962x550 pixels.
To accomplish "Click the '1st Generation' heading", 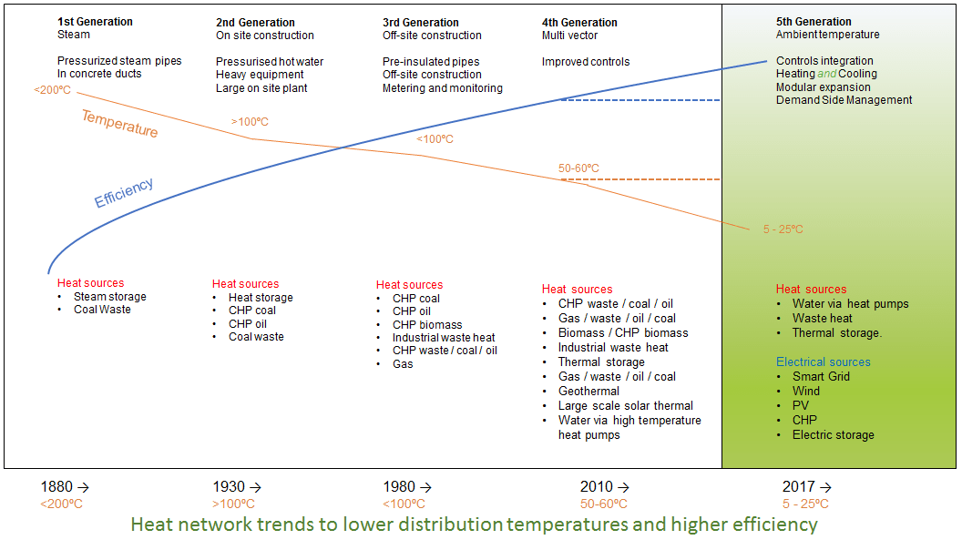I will tap(95, 22).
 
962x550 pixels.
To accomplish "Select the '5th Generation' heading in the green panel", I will tap(814, 22).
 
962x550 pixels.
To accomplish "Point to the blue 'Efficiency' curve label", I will tap(124, 192).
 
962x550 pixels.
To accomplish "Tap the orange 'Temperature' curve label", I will tap(119, 123).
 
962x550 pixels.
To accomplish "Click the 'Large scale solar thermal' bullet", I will tap(626, 405).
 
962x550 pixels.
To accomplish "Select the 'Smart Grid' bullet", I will tap(821, 376).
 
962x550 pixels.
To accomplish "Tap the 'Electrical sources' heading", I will tap(823, 362).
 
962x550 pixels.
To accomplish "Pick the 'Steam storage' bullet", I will tap(109, 296).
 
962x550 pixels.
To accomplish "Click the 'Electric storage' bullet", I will tap(833, 434).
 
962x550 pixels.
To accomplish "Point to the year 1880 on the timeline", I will tap(57, 487).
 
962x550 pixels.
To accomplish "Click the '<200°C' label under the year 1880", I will tap(61, 504).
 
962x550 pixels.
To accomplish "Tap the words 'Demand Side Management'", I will tap(844, 100).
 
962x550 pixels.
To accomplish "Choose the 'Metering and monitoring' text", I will tap(442, 88).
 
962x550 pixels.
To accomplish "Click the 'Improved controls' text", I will tap(586, 62).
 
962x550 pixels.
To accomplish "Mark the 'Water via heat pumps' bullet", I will tap(850, 303).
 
